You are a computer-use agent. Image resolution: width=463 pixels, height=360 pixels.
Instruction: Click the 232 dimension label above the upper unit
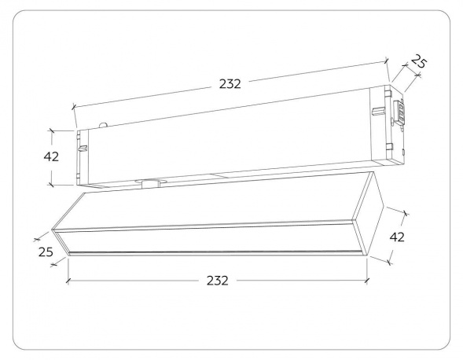click(230, 84)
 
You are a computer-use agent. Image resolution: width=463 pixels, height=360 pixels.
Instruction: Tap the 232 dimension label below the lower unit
click(218, 281)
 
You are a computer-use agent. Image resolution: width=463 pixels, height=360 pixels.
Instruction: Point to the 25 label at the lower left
click(46, 252)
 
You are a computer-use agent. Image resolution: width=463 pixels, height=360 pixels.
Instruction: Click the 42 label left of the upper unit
click(51, 156)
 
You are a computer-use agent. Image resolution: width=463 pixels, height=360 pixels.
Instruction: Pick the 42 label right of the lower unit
click(397, 237)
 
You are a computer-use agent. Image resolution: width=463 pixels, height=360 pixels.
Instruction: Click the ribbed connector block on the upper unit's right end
click(399, 112)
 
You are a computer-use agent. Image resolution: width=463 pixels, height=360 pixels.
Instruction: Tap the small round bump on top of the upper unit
click(103, 125)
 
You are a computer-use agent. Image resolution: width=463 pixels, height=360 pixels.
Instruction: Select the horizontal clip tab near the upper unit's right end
click(379, 112)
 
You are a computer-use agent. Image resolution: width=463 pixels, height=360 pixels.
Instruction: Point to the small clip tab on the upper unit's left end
click(83, 148)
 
